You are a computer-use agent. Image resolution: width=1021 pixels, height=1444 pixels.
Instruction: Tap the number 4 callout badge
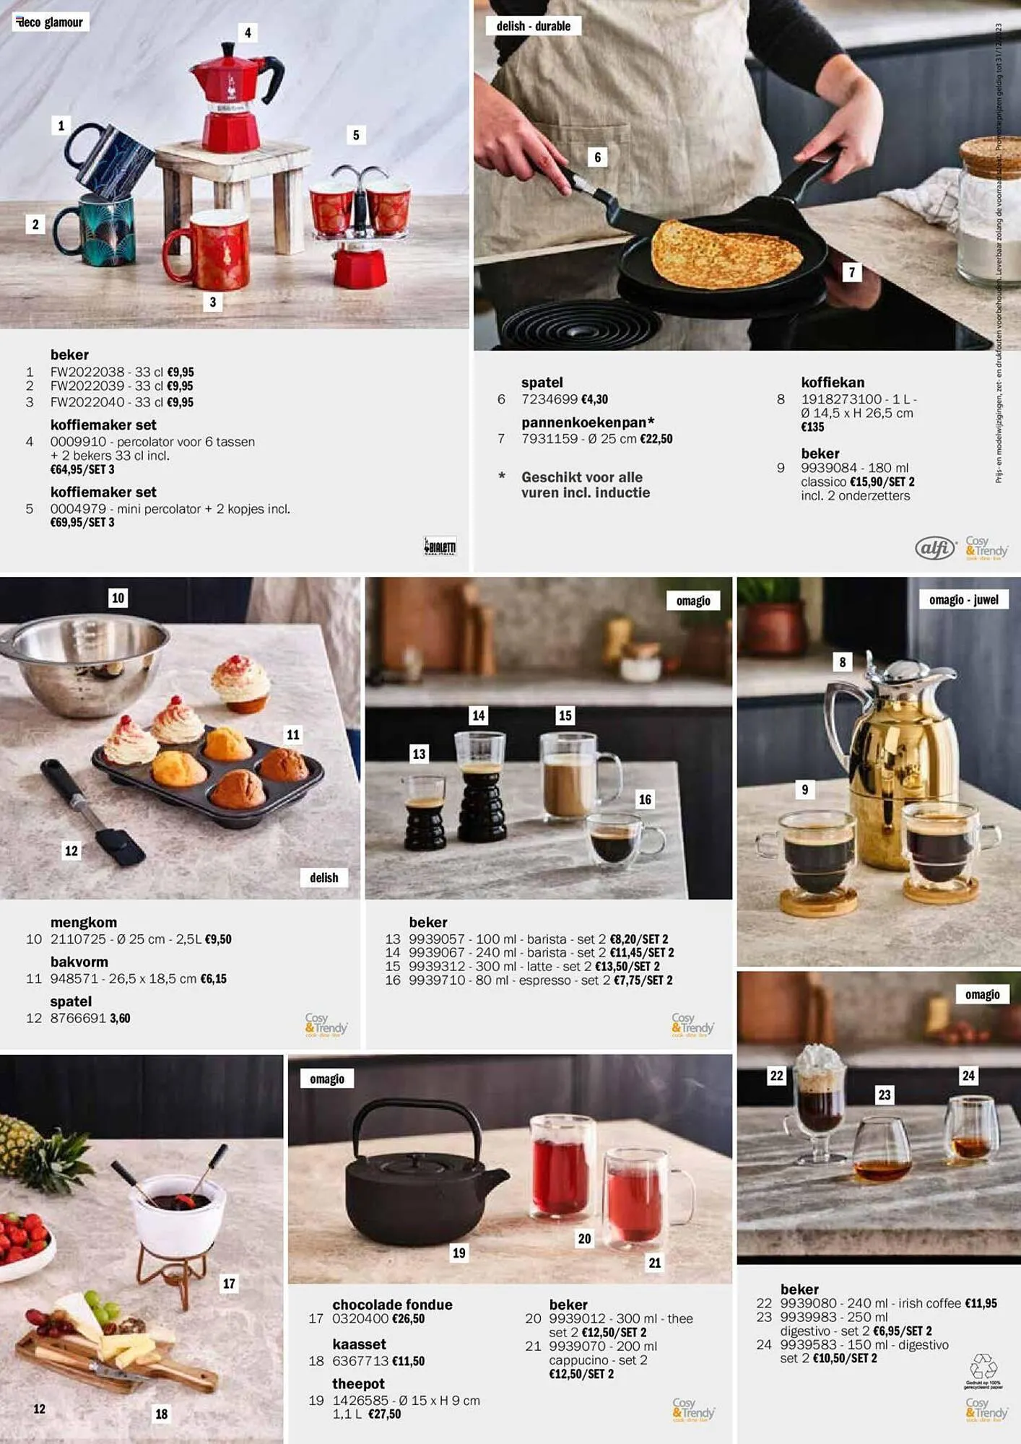(x=248, y=33)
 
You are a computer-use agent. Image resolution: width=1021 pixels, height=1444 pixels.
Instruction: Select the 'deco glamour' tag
(x=50, y=22)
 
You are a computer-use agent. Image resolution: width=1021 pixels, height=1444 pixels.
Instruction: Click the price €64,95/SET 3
(x=82, y=470)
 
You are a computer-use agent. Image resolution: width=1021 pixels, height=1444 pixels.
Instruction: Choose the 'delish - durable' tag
(x=533, y=27)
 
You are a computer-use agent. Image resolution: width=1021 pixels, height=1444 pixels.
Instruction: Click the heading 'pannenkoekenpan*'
(x=588, y=422)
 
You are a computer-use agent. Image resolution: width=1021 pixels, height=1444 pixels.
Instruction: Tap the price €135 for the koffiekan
(x=812, y=427)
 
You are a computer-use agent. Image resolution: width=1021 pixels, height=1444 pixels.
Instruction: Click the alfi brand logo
(x=935, y=549)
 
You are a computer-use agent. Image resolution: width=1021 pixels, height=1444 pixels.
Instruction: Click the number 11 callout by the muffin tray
(x=292, y=735)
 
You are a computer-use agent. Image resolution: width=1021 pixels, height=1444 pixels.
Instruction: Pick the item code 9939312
(x=437, y=967)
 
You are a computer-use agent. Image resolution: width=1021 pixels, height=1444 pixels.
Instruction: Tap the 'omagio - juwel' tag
(x=963, y=600)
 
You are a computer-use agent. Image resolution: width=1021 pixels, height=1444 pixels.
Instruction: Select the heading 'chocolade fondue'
(x=392, y=1305)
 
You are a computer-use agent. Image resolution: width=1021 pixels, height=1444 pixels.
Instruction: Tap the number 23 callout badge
(x=885, y=1095)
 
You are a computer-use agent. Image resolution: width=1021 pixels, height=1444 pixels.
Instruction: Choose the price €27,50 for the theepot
(x=384, y=1414)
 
